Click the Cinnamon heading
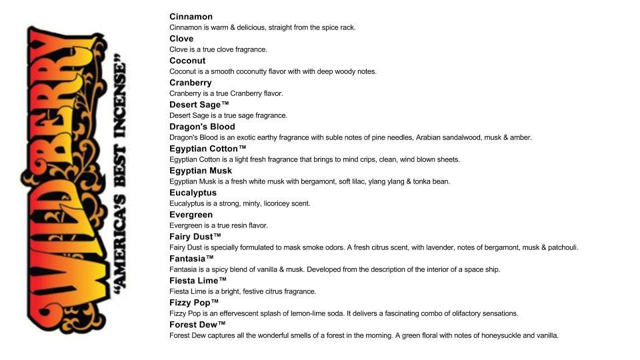(191, 17)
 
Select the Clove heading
(181, 39)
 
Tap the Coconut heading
(187, 61)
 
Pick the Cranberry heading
(191, 83)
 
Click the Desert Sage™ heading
(199, 105)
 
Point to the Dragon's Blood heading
(202, 127)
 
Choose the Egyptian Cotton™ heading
(208, 149)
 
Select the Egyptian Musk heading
(201, 171)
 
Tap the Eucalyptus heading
(193, 193)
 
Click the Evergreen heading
(191, 215)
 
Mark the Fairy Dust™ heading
(195, 237)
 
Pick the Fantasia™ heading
(191, 259)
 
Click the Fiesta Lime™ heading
(198, 281)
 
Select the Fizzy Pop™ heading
(194, 303)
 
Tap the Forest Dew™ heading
(198, 325)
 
